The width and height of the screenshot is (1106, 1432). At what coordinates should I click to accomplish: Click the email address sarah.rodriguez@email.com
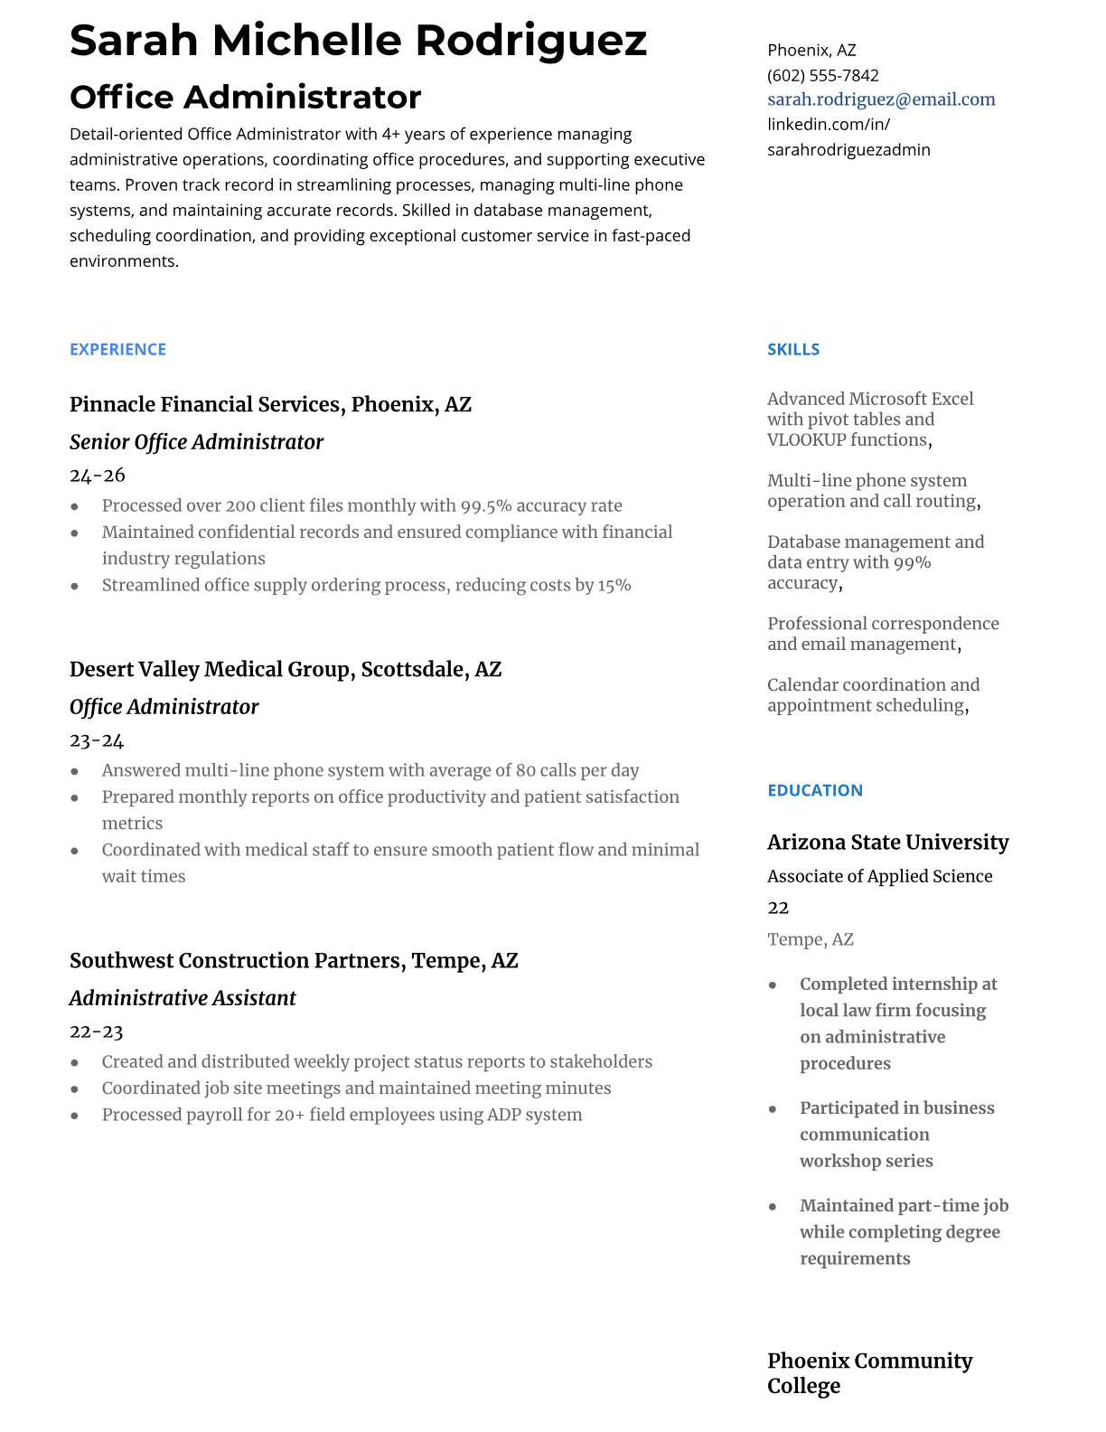tap(881, 99)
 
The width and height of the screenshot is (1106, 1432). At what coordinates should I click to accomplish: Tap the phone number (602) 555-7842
tap(822, 75)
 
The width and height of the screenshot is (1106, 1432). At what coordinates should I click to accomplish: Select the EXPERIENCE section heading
tap(117, 350)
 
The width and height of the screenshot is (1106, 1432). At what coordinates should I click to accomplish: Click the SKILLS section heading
tap(793, 350)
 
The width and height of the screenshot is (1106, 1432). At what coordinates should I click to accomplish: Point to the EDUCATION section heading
tap(814, 790)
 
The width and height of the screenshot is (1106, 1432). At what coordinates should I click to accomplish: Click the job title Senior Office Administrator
tap(196, 442)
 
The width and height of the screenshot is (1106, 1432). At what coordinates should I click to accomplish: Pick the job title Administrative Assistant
tap(183, 998)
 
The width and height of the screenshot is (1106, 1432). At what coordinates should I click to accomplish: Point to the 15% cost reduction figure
tap(614, 585)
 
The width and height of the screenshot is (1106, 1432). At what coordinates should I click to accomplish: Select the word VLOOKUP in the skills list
tap(801, 440)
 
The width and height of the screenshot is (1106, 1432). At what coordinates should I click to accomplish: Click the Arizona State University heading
tap(887, 843)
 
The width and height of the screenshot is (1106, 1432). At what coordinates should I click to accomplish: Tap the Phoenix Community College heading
tap(869, 1373)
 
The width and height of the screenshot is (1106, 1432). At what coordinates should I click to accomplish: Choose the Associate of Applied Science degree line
tap(879, 876)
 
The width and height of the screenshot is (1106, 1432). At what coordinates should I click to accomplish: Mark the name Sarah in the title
tap(134, 41)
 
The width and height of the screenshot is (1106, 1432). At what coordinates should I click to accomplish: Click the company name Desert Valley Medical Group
tap(210, 669)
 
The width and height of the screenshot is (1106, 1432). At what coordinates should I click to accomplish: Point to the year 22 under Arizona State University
tap(778, 908)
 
